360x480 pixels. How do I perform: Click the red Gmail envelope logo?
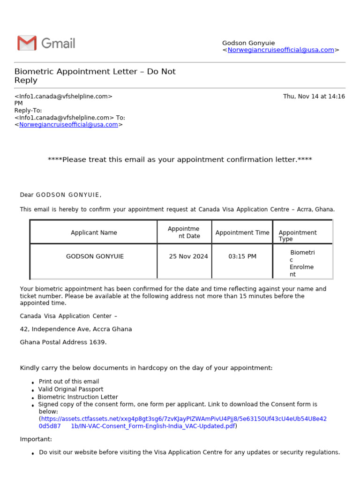tap(27, 43)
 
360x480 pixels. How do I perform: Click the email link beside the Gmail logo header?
tap(280, 50)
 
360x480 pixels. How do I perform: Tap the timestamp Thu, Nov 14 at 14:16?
tap(314, 97)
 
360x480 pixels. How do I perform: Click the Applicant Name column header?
tap(94, 232)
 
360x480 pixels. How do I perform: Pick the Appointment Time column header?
tap(242, 232)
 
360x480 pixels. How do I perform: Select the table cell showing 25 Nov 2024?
tap(188, 256)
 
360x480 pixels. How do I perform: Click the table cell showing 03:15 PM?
tap(242, 256)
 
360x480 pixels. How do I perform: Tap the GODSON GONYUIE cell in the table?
tap(95, 256)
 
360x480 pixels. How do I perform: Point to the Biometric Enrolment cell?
tap(302, 263)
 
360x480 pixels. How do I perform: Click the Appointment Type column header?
tap(297, 236)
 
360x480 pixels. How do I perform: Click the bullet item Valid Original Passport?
tap(71, 390)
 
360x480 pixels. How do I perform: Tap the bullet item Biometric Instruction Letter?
tap(78, 397)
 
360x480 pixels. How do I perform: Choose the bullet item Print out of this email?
tap(69, 382)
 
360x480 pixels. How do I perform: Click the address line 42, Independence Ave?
tap(75, 329)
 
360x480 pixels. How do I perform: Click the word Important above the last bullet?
tap(36, 439)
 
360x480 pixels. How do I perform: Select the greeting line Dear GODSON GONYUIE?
tap(60, 195)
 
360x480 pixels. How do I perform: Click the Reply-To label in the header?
tap(28, 111)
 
